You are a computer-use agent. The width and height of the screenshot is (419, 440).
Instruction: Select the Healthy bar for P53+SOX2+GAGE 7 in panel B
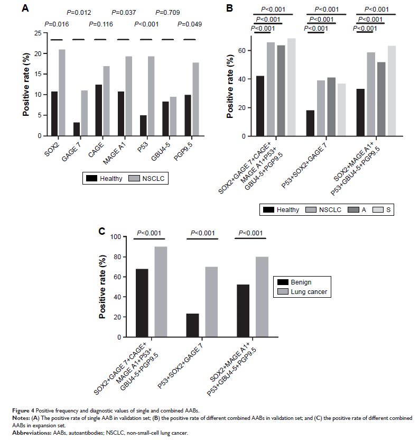click(310, 123)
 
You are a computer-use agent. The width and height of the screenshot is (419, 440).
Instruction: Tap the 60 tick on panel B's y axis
click(246, 50)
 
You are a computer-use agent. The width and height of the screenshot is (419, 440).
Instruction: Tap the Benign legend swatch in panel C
click(281, 282)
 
